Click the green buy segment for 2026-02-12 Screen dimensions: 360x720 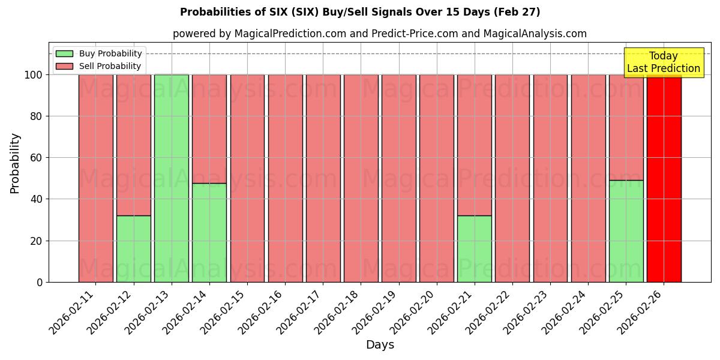click(133, 248)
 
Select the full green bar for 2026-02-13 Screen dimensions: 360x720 click(171, 178)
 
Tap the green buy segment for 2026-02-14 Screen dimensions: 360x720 click(209, 232)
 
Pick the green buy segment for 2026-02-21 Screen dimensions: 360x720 click(474, 248)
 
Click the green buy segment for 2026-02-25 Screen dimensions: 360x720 click(626, 231)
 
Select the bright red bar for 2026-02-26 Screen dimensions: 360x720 click(664, 178)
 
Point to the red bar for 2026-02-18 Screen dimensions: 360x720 click(361, 178)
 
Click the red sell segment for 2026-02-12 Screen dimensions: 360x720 click(133, 145)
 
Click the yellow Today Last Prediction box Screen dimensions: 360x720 click(663, 62)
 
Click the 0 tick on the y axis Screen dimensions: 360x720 click(40, 282)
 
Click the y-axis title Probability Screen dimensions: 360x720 click(15, 163)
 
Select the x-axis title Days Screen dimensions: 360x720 click(380, 345)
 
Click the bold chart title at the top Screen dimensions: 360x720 click(360, 12)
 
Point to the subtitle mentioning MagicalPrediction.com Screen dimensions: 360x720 click(380, 34)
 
